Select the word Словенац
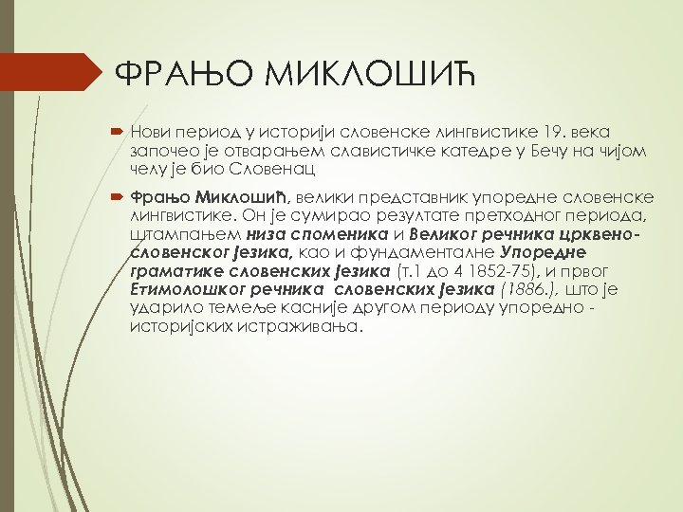(276, 169)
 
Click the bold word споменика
(327, 236)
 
